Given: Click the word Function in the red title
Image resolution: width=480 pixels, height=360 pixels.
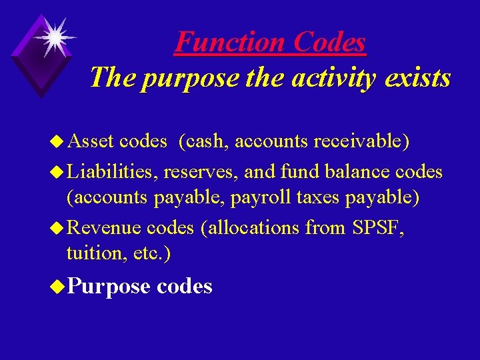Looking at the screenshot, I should point(221,43).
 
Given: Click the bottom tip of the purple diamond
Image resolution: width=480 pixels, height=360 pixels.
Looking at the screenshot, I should point(41,96).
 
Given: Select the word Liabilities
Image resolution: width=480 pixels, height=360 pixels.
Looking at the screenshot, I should point(111,171).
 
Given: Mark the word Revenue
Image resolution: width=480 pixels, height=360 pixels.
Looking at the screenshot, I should point(104,227).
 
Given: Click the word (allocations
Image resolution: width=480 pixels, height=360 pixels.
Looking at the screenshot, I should point(250,227).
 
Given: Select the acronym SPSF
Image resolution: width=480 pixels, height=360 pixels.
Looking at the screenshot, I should point(375,227).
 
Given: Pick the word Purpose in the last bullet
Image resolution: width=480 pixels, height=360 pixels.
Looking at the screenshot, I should point(109,286).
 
